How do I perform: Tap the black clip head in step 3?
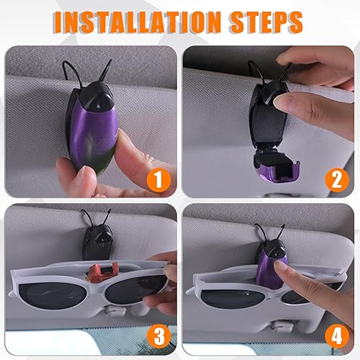click(x=97, y=241)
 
